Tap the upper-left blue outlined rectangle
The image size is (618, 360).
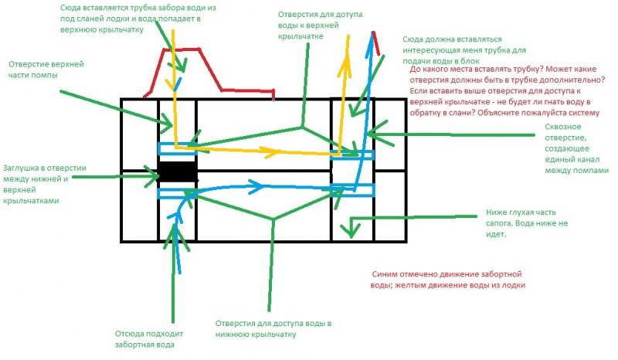point(178,148)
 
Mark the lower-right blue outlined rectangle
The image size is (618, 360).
point(352,190)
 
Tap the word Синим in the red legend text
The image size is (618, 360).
point(385,273)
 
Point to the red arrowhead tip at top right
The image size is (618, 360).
point(375,33)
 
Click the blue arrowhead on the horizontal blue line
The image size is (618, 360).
point(256,184)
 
